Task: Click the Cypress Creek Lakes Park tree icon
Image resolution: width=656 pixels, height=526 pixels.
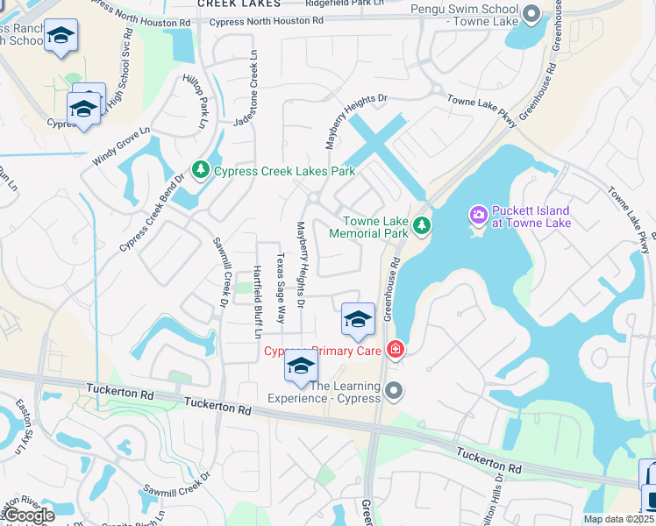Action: click(200, 169)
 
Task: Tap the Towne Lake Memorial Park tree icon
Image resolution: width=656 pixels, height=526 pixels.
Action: click(422, 226)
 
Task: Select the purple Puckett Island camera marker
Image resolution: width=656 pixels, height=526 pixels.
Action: click(478, 214)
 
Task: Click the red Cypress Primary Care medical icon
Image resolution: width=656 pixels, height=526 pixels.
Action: click(396, 351)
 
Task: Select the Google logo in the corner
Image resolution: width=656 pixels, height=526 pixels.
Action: click(29, 515)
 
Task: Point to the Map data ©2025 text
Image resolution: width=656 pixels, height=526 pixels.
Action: click(618, 519)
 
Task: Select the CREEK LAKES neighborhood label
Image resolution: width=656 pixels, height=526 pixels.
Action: click(239, 4)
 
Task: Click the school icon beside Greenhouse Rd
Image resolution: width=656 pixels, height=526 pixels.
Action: click(358, 319)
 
